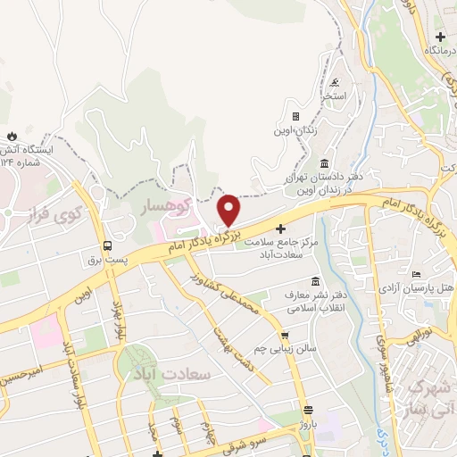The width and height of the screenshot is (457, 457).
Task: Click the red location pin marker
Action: point(229,210)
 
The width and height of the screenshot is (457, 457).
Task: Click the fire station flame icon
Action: point(12,135)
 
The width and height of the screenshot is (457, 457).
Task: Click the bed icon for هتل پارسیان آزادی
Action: point(417,274)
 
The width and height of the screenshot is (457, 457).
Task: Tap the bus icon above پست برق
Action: point(107,245)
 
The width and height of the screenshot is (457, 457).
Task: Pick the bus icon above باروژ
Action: point(308,411)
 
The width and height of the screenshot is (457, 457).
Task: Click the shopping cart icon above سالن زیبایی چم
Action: point(285,337)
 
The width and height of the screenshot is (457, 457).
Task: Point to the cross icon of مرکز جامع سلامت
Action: point(282,229)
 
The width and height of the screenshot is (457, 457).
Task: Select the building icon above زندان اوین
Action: point(295,116)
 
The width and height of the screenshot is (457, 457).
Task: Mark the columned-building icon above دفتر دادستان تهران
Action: point(323,163)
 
